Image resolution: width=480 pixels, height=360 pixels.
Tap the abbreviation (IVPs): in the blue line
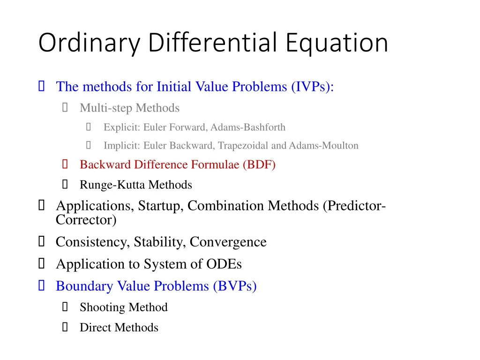click(312, 87)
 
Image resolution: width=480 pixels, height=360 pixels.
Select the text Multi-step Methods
click(129, 108)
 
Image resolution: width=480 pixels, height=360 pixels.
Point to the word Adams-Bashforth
click(248, 127)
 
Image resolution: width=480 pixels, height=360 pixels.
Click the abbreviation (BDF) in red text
click(259, 165)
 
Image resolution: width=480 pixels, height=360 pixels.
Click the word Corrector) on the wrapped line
click(86, 219)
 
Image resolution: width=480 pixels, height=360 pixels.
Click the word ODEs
click(224, 264)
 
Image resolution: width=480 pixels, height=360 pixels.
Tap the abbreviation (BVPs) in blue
click(235, 286)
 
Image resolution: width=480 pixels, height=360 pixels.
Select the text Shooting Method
click(123, 307)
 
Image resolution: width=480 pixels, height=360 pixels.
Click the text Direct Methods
click(119, 328)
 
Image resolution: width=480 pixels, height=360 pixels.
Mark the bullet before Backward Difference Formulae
click(65, 165)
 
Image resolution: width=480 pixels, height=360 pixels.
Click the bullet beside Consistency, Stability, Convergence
click(41, 242)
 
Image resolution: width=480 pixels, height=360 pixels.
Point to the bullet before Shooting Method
click(65, 307)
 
